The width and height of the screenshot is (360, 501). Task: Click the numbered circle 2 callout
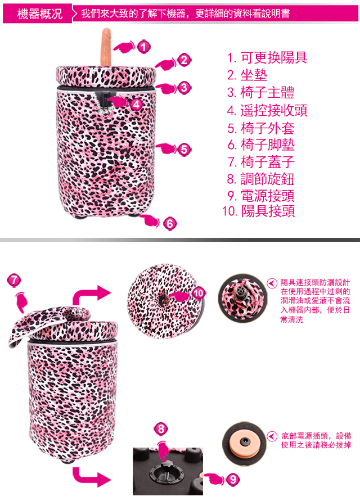click(184, 60)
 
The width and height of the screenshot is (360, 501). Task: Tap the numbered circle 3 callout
click(184, 88)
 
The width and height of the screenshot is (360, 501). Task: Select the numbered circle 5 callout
click(184, 150)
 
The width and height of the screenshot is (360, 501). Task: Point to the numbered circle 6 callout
click(170, 224)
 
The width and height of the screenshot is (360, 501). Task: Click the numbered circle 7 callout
click(14, 280)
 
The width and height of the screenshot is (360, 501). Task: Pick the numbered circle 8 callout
click(161, 429)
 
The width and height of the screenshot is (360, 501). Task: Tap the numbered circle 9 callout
click(233, 479)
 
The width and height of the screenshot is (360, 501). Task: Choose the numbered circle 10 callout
click(198, 293)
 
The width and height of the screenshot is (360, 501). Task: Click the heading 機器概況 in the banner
click(39, 13)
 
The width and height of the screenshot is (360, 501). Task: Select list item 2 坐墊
click(247, 75)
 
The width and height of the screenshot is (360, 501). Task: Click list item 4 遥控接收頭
click(267, 110)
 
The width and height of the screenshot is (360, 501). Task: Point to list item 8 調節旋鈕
click(260, 179)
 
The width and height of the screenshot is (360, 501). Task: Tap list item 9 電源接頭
click(261, 196)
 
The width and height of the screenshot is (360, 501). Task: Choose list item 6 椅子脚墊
click(261, 145)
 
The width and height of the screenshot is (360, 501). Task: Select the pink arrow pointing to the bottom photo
click(92, 477)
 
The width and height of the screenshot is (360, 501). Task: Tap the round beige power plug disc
click(245, 443)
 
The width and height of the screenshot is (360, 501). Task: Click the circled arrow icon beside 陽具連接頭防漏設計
click(272, 283)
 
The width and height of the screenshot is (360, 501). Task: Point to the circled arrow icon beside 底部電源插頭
click(272, 436)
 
